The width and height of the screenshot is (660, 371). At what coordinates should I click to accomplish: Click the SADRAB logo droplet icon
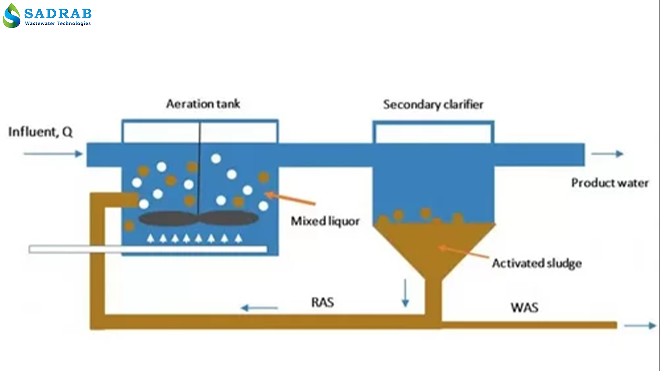12,16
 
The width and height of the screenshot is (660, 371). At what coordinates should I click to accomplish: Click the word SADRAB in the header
58,13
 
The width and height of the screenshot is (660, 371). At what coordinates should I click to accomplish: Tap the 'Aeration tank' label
203,104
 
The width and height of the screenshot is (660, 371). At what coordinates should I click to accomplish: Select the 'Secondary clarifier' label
433,104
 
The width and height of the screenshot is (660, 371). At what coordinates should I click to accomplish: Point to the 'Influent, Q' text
41,132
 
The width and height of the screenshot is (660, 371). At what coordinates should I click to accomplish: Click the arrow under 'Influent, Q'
53,154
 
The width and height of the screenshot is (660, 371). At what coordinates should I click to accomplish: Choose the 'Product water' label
610,183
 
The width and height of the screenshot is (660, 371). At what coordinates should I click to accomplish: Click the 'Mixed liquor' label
325,221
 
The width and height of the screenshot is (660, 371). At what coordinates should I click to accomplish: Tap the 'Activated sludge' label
537,263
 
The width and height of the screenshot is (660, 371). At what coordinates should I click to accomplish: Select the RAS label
322,303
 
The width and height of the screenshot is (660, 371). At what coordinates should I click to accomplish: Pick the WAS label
524,307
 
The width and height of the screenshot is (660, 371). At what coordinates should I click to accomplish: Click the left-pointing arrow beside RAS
260,308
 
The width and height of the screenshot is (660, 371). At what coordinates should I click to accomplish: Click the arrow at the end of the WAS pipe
640,326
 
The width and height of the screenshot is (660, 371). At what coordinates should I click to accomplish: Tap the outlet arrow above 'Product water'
607,154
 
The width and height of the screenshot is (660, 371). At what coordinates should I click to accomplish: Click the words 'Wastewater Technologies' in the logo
58,23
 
